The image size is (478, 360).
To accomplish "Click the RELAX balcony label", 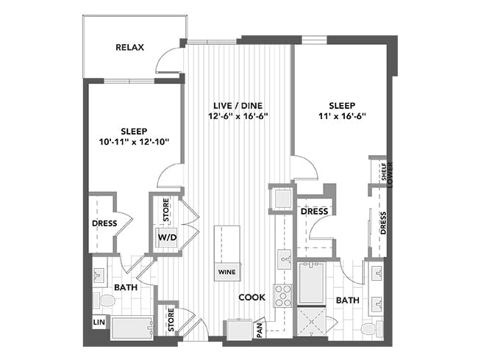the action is pyautogui.click(x=129, y=48).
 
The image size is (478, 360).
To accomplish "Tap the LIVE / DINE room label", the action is pyautogui.click(x=238, y=106).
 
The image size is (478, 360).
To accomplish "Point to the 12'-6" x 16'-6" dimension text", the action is pyautogui.click(x=238, y=116).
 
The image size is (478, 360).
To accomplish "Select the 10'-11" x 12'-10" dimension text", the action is pyautogui.click(x=134, y=142).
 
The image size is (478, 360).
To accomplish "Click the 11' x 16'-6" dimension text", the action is pyautogui.click(x=342, y=116).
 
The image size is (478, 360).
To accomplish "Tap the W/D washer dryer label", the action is pyautogui.click(x=167, y=237).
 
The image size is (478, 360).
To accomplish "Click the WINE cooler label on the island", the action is pyautogui.click(x=227, y=272).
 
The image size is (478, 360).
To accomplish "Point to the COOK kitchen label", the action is pyautogui.click(x=252, y=298).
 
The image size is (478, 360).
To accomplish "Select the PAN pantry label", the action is pyautogui.click(x=260, y=330).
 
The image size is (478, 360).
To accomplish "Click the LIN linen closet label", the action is pyautogui.click(x=99, y=323).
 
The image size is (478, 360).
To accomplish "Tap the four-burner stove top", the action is pyautogui.click(x=282, y=296).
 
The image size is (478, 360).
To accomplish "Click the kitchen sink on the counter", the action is pyautogui.click(x=284, y=259).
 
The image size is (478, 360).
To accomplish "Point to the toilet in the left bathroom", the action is pyautogui.click(x=104, y=301).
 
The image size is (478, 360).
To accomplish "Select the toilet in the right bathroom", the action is pyautogui.click(x=371, y=329).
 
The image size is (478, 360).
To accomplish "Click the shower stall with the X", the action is pyautogui.click(x=311, y=322).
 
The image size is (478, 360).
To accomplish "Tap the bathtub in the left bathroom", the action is pyautogui.click(x=132, y=328).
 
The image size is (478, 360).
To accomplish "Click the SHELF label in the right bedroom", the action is pyautogui.click(x=384, y=171).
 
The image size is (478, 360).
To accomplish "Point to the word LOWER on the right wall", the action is pyautogui.click(x=390, y=175).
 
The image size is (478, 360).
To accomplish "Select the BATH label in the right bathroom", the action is pyautogui.click(x=348, y=300).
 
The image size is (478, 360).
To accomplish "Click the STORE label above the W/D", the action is pyautogui.click(x=166, y=210).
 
